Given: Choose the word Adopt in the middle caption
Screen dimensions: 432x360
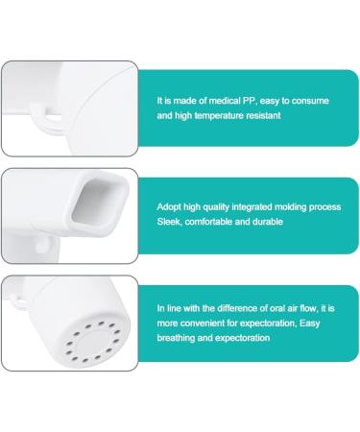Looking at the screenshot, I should [170, 204].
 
